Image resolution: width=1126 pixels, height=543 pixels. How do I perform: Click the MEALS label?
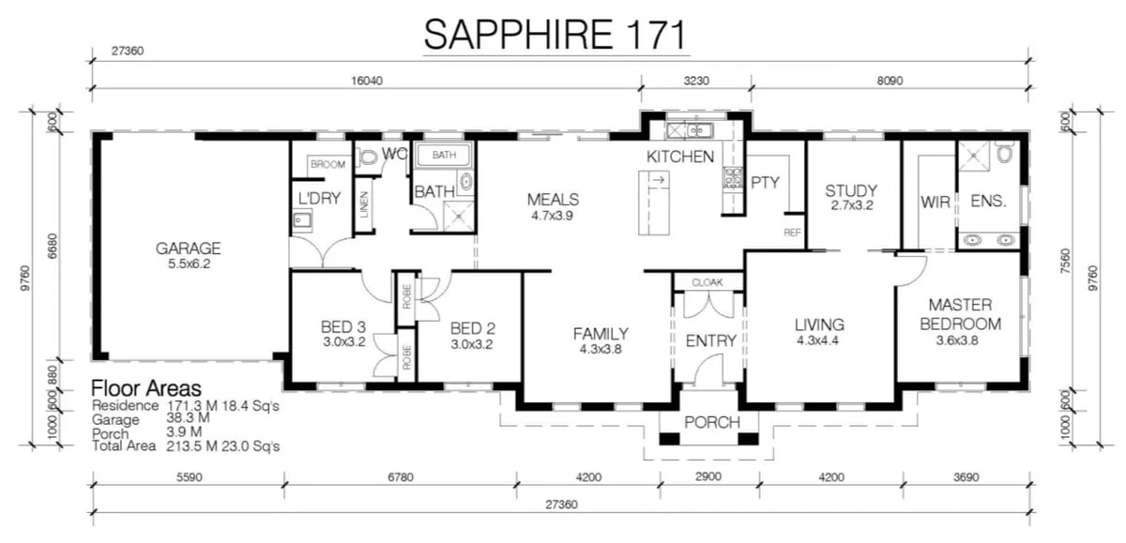[x=553, y=199]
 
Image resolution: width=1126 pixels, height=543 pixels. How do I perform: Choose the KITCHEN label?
[x=680, y=157]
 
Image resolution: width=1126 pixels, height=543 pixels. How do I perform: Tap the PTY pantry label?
[x=765, y=182]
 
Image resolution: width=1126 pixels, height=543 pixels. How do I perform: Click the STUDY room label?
[x=851, y=191]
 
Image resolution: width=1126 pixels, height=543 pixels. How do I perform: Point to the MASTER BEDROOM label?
[x=964, y=314]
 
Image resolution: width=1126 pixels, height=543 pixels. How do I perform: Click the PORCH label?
[x=711, y=422]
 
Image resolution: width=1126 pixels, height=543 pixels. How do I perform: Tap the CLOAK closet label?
[x=708, y=281]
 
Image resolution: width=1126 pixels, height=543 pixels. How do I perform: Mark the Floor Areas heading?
[x=145, y=387]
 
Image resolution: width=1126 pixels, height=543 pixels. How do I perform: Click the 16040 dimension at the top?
[x=365, y=82]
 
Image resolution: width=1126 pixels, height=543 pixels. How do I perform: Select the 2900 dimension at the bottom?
[x=709, y=477]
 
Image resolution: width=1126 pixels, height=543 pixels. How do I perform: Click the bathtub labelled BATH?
[x=444, y=154]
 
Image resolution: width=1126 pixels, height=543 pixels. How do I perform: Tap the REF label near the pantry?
[x=792, y=232]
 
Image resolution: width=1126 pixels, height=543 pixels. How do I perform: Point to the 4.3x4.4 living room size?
[x=819, y=340]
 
